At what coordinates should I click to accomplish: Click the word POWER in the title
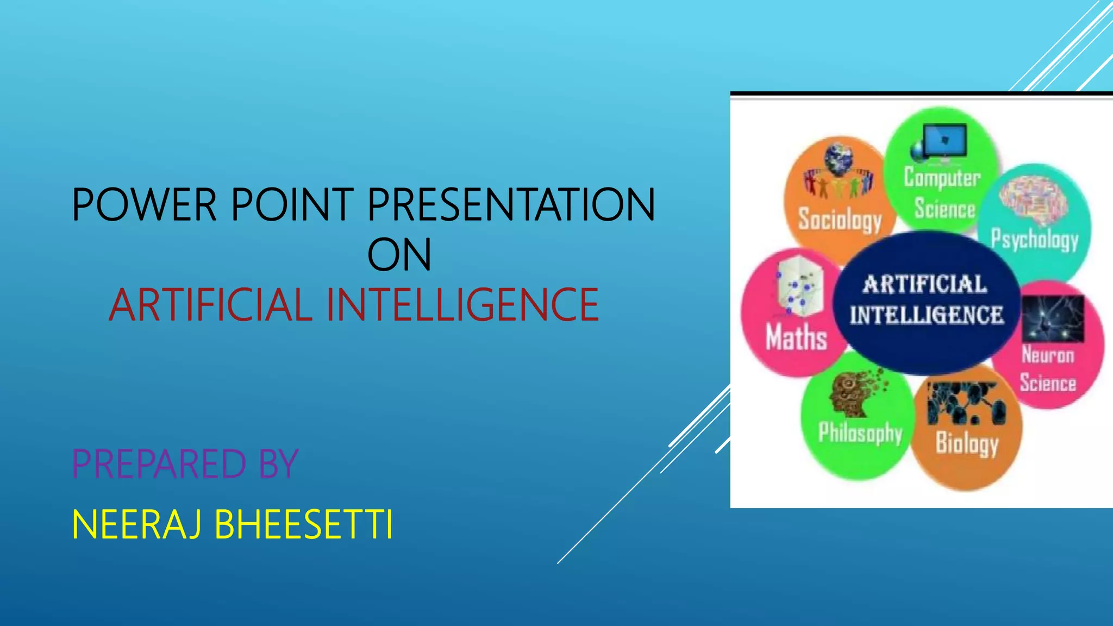pyautogui.click(x=145, y=205)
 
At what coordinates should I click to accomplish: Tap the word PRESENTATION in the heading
pyautogui.click(x=511, y=205)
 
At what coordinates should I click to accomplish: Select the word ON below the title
pyautogui.click(x=399, y=255)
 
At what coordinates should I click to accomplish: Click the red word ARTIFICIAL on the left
pyautogui.click(x=211, y=305)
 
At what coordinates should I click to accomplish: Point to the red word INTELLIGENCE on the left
pyautogui.click(x=462, y=305)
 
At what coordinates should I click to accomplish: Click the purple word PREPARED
pyautogui.click(x=159, y=464)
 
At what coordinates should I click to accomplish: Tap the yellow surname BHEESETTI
pyautogui.click(x=304, y=525)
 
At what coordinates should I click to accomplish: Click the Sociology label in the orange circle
pyautogui.click(x=840, y=220)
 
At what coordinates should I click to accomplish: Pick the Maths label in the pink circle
pyautogui.click(x=796, y=337)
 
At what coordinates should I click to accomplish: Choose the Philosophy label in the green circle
pyautogui.click(x=860, y=433)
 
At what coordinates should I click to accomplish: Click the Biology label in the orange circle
pyautogui.click(x=967, y=443)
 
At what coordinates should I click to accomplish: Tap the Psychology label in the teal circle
pyautogui.click(x=1035, y=239)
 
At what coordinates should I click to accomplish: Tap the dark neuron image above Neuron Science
pyautogui.click(x=1053, y=318)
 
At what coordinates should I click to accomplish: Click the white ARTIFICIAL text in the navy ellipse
pyautogui.click(x=925, y=284)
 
